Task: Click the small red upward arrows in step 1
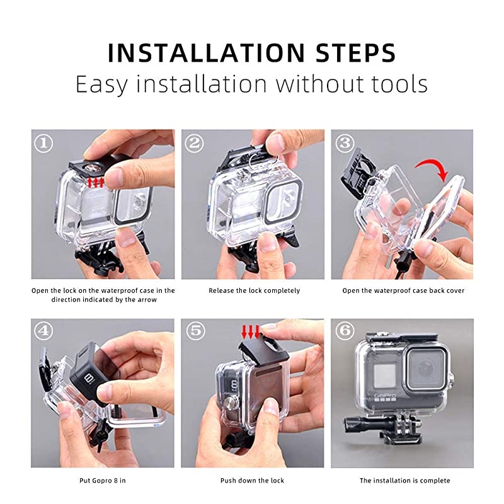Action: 96,183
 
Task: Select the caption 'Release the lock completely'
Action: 254,291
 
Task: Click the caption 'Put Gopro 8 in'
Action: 103,481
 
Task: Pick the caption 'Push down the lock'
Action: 252,481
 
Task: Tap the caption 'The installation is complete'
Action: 404,481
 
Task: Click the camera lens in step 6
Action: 419,363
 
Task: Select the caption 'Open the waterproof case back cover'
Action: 403,291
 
